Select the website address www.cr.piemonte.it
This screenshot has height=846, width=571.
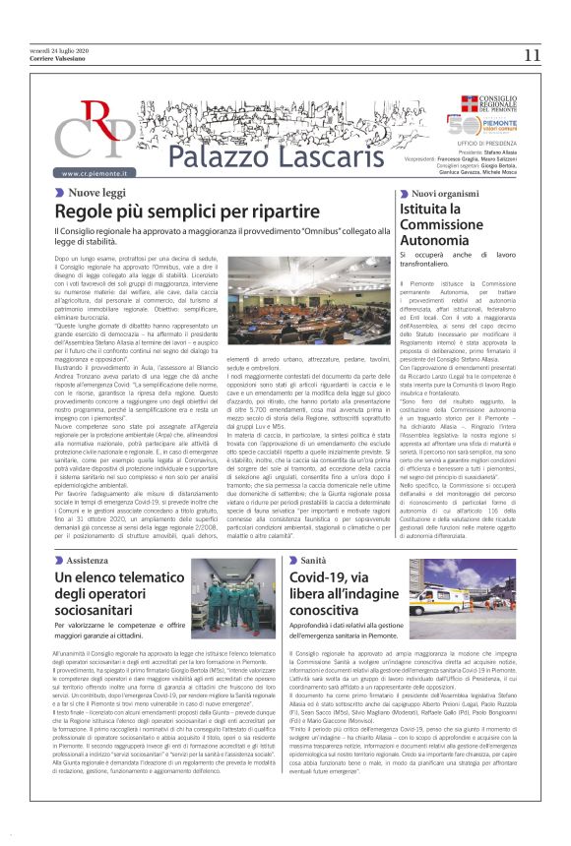click(x=99, y=174)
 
